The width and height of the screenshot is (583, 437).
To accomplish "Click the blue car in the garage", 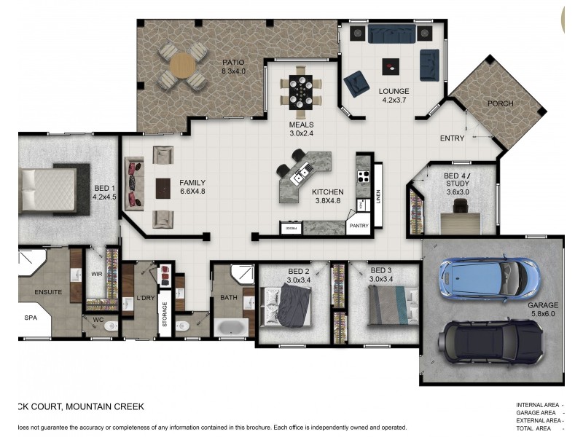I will [489, 277].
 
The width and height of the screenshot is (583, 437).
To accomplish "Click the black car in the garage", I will [489, 340].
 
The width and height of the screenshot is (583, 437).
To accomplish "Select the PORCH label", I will [500, 103].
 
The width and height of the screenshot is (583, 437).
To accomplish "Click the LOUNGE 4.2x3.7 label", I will [394, 96].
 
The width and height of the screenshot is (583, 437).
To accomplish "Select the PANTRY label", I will [359, 226].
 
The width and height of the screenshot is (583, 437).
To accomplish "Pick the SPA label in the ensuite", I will [31, 318].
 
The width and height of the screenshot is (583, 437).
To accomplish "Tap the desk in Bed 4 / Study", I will [460, 210].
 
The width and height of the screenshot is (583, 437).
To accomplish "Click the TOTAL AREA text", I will [537, 429].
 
